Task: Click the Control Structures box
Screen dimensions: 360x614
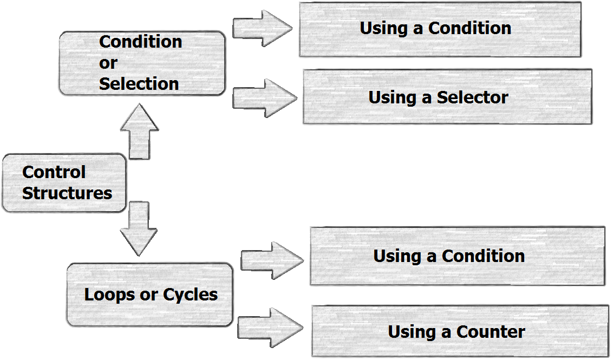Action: [64, 183]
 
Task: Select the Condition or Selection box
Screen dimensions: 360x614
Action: [141, 63]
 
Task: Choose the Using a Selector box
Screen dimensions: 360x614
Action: [447, 97]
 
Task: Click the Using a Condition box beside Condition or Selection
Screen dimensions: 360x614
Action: [440, 29]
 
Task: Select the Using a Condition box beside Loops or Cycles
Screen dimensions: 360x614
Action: [457, 256]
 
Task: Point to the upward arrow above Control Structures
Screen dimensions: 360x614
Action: [139, 132]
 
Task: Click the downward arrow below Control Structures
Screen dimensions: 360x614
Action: [139, 228]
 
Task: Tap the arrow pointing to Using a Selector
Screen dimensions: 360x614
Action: [264, 98]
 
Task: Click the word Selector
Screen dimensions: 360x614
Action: [473, 97]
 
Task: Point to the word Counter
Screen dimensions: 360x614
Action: [491, 332]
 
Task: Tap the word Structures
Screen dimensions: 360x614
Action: [67, 193]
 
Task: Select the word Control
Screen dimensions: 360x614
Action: [54, 172]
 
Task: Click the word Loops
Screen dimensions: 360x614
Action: [104, 295]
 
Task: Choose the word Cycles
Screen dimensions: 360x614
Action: [191, 295]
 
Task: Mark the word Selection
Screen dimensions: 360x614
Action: [139, 84]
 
